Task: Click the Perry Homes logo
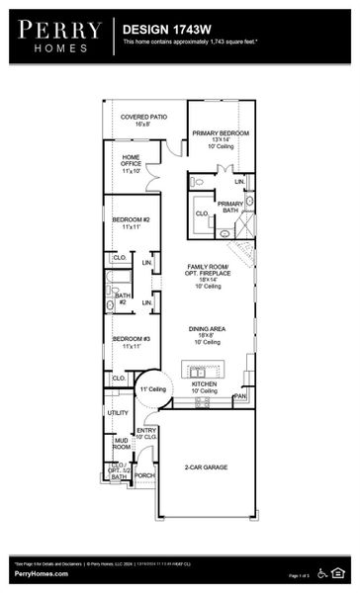coord(57,36)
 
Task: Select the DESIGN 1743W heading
coord(163,31)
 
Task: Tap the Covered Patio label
coord(143,121)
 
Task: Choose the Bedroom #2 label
coord(131,222)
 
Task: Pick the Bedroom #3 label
coord(131,343)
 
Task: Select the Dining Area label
coord(208,336)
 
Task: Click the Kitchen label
coord(204,386)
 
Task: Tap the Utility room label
coord(118,412)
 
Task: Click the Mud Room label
coord(121,444)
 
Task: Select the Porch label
coord(144,475)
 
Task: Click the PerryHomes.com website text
coord(41,574)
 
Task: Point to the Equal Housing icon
coord(339,571)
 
